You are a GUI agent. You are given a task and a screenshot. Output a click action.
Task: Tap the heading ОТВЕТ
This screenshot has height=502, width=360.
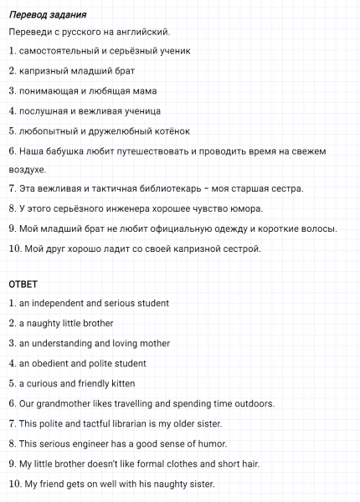point(23,284)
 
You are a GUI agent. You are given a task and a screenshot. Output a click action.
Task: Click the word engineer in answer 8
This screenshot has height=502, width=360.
point(101,443)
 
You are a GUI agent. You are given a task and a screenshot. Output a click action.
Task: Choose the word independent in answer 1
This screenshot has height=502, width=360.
point(56,303)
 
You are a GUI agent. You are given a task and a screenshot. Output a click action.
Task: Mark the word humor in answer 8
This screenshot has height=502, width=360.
point(212,443)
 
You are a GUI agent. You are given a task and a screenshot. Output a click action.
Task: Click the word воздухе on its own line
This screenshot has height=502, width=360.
point(27,169)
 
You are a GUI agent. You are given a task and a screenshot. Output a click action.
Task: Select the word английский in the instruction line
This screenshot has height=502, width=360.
point(143,32)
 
